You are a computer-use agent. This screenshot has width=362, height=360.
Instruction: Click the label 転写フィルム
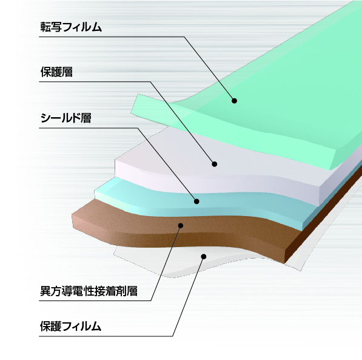tap(71, 27)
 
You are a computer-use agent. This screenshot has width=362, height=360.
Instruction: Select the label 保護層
tap(56, 72)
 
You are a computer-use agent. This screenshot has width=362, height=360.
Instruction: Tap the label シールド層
tap(65, 118)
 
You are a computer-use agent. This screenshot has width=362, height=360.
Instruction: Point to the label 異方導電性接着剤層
tap(89, 291)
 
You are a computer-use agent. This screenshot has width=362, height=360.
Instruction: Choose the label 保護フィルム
tap(71, 326)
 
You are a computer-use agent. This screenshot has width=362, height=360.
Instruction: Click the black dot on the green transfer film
tap(234, 101)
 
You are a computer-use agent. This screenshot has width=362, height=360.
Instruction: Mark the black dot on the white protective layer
tap(215, 164)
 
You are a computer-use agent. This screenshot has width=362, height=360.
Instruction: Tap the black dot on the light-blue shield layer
tap(196, 202)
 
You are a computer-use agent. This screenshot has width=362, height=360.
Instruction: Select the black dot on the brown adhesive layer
tap(181, 225)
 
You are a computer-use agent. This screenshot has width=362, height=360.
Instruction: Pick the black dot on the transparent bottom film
tap(204, 256)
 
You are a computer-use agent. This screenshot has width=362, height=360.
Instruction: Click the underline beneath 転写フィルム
tap(112, 36)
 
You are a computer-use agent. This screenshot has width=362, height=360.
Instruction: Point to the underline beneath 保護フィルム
tap(106, 336)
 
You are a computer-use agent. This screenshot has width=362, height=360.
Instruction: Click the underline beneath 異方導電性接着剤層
tap(95, 301)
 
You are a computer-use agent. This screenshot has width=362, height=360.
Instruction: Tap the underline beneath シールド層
tap(89, 128)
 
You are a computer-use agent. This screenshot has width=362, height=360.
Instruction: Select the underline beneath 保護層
tap(95, 81)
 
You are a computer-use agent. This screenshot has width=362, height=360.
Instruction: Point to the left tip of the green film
tap(131, 112)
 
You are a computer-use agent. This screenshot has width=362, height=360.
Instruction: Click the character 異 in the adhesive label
tap(45, 291)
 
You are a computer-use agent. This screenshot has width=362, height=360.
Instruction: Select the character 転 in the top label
tap(45, 27)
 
